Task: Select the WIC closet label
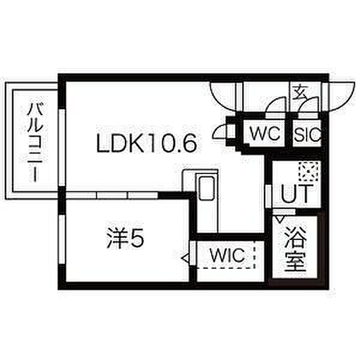(227, 256)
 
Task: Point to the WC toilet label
(266, 133)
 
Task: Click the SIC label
(307, 133)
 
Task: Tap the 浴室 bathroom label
(295, 247)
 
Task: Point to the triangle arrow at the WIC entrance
(186, 259)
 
